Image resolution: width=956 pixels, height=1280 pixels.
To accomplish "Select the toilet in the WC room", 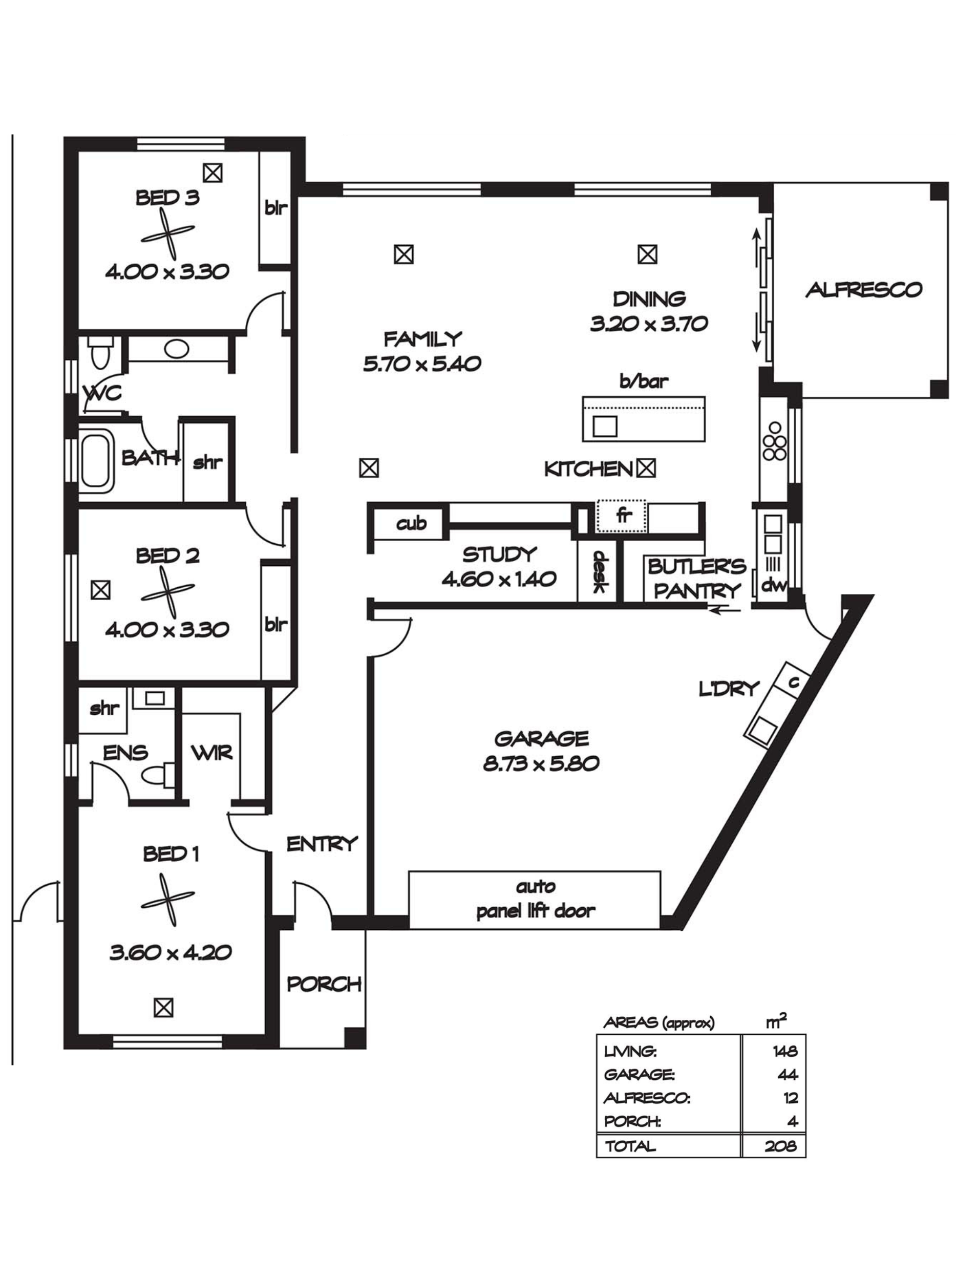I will click(x=99, y=353).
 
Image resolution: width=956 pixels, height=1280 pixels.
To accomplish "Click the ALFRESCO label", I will click(x=863, y=289).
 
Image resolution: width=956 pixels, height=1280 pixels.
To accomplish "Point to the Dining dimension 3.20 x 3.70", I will click(x=649, y=324).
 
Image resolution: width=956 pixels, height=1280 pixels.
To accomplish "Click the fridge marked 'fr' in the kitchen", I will click(x=622, y=516).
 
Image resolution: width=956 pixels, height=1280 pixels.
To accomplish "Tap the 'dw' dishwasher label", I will click(x=774, y=586).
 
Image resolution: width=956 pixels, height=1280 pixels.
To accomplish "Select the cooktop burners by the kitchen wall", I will click(x=774, y=441).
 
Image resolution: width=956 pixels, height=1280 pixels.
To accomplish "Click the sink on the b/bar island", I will click(x=605, y=426).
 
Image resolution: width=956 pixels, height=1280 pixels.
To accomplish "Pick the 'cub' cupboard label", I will click(x=411, y=524).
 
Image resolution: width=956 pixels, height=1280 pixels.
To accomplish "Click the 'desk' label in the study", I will click(x=600, y=572).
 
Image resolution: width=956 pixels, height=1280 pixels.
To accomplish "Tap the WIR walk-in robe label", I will click(x=211, y=752).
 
